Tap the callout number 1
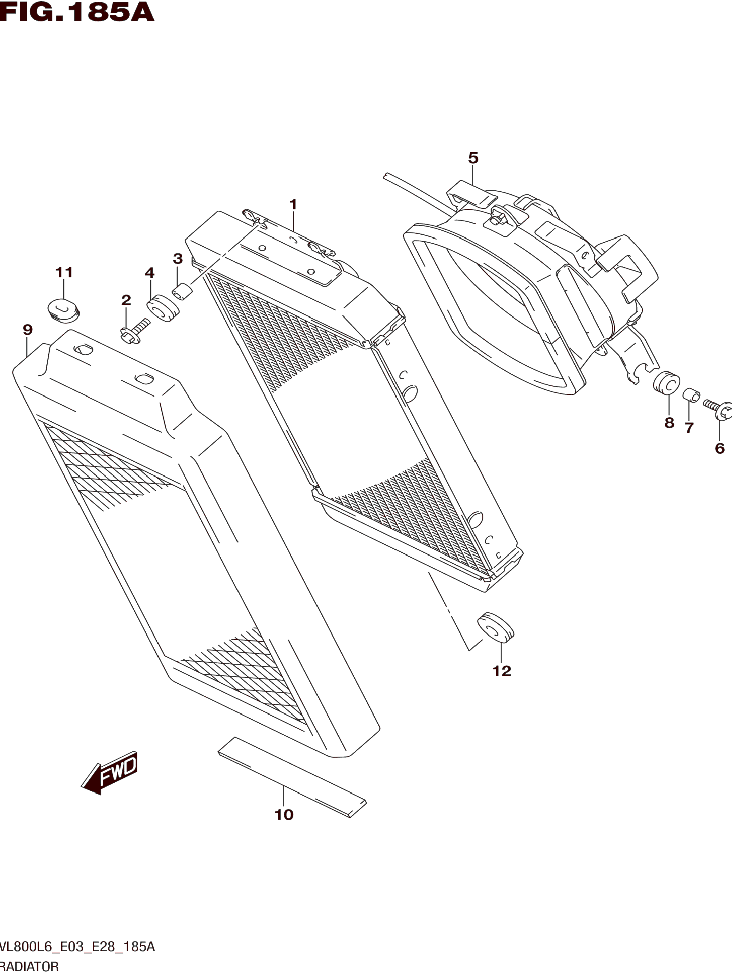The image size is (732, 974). point(293,205)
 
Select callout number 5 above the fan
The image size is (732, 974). point(473,158)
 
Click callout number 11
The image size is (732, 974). point(64,272)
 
